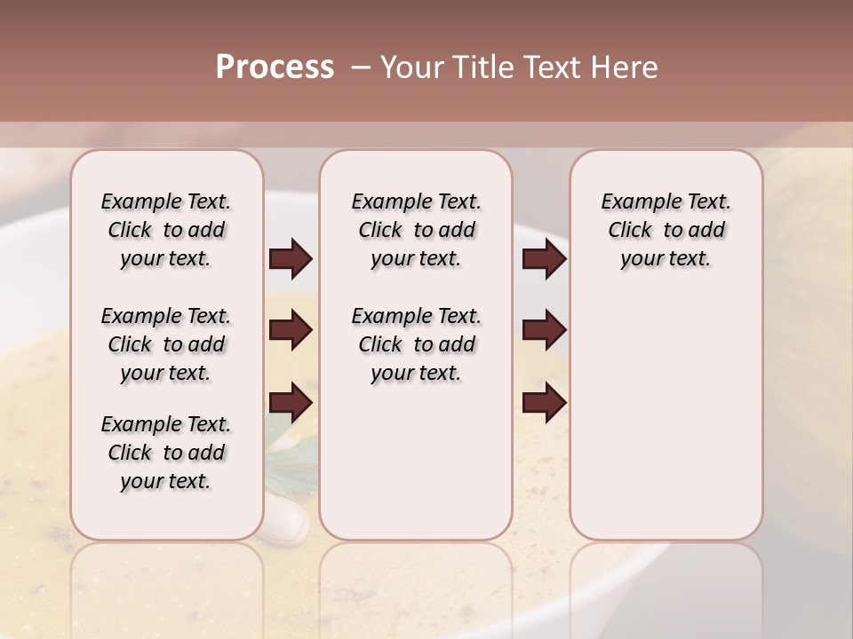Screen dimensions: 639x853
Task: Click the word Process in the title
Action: pyautogui.click(x=275, y=67)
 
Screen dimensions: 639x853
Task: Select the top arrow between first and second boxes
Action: pyautogui.click(x=291, y=259)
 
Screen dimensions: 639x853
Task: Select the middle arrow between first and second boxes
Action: pyautogui.click(x=291, y=331)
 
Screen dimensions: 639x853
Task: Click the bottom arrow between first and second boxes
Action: pyautogui.click(x=291, y=403)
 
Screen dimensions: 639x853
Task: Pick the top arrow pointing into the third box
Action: pyautogui.click(x=544, y=259)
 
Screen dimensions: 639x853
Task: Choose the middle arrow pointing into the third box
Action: pyautogui.click(x=544, y=331)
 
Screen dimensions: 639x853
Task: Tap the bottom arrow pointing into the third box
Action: pyautogui.click(x=544, y=403)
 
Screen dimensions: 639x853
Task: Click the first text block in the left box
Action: pyautogui.click(x=166, y=230)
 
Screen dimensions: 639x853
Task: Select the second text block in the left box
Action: pyautogui.click(x=166, y=344)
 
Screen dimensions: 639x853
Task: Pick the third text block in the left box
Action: pyautogui.click(x=166, y=453)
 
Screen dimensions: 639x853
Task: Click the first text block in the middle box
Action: pyautogui.click(x=416, y=230)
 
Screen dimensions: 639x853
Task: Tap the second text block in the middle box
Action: pyautogui.click(x=416, y=344)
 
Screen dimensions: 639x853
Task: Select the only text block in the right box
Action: pyautogui.click(x=666, y=230)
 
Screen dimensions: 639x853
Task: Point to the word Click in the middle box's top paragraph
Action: pyautogui.click(x=380, y=231)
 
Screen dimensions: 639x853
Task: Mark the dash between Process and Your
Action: pyautogui.click(x=360, y=67)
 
